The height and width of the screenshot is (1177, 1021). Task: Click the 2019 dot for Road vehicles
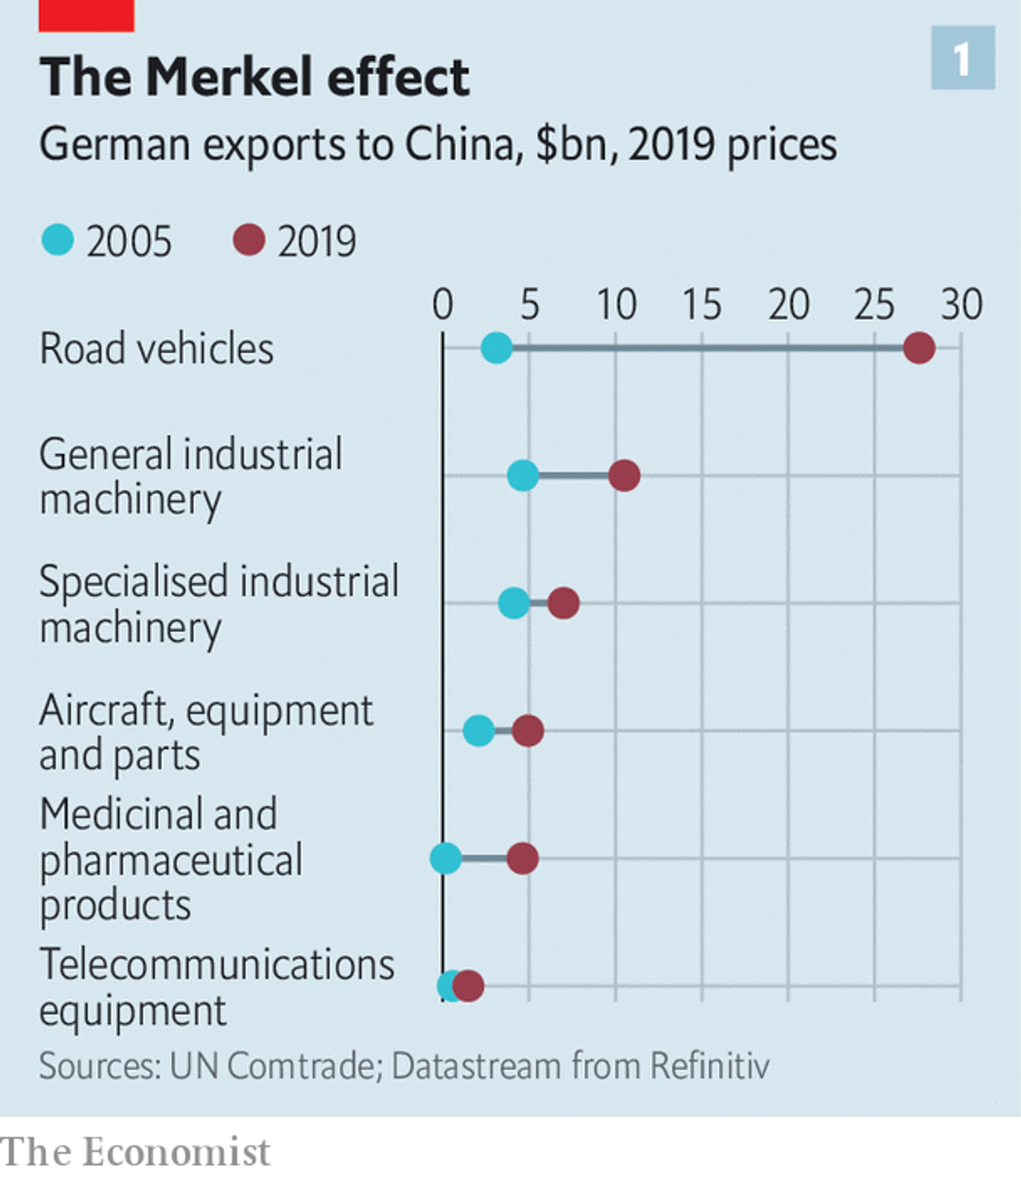pyautogui.click(x=919, y=348)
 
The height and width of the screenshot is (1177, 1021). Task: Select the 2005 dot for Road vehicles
pyautogui.click(x=496, y=348)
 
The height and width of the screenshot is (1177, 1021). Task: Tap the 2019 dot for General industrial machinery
pyautogui.click(x=624, y=476)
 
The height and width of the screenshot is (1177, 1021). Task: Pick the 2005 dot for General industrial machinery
pyautogui.click(x=522, y=476)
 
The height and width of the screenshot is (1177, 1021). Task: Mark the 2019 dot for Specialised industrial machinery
pyautogui.click(x=563, y=603)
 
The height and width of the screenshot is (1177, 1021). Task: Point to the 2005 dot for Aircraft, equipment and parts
pyautogui.click(x=479, y=730)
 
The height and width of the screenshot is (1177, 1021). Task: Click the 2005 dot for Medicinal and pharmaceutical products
pyautogui.click(x=446, y=858)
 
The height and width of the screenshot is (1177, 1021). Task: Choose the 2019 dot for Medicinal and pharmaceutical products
pyautogui.click(x=522, y=858)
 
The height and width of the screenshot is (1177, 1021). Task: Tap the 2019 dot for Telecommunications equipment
pyautogui.click(x=468, y=986)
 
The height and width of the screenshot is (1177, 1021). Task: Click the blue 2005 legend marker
pyautogui.click(x=57, y=240)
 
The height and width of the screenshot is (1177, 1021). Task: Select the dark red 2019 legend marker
pyautogui.click(x=249, y=240)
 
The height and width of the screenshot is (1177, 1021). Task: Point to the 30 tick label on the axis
pyautogui.click(x=961, y=305)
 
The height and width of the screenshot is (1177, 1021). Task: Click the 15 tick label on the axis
pyautogui.click(x=701, y=305)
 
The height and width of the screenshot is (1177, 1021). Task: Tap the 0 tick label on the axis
pyautogui.click(x=443, y=305)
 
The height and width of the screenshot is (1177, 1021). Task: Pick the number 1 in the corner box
pyautogui.click(x=963, y=58)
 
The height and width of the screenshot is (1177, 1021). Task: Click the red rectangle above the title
pyautogui.click(x=86, y=15)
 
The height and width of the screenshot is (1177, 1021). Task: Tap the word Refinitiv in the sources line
pyautogui.click(x=710, y=1066)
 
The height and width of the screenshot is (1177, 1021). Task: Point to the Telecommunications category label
pyautogui.click(x=217, y=964)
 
